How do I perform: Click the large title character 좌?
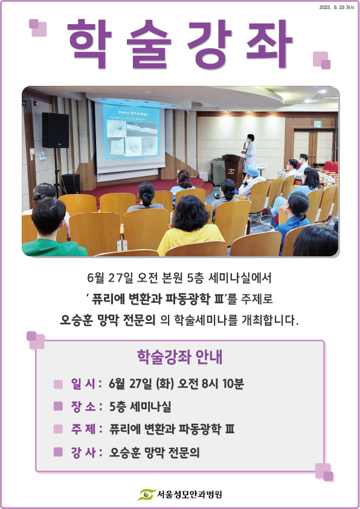pyautogui.click(x=269, y=43)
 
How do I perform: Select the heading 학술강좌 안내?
pyautogui.click(x=179, y=357)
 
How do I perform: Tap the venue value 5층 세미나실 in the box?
pyautogui.click(x=140, y=406)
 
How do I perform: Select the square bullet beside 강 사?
pyautogui.click(x=58, y=452)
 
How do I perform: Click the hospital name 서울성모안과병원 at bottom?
pyautogui.click(x=190, y=494)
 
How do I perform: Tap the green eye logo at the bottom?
pyautogui.click(x=147, y=494)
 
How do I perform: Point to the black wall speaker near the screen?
pyautogui.click(x=55, y=130)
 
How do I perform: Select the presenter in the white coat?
pyautogui.click(x=249, y=152)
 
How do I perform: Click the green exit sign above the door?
pyautogui.click(x=318, y=124)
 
